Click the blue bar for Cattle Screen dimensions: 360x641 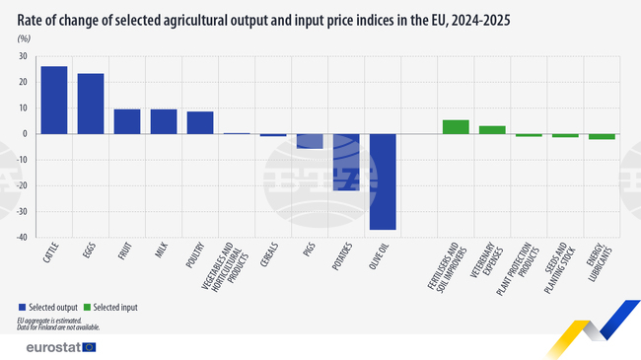(54, 100)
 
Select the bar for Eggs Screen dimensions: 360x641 (91, 104)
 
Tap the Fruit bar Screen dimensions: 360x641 (127, 121)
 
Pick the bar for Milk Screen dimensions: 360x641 (164, 121)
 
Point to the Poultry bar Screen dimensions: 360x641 (200, 122)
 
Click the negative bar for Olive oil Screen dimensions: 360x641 (383, 181)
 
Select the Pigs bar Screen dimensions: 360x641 (310, 141)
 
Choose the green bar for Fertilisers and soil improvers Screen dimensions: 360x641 (456, 126)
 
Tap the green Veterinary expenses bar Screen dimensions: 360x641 (492, 129)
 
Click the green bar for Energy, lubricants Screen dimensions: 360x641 (602, 136)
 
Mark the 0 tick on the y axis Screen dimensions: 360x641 (25, 133)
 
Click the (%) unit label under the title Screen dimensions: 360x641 (24, 36)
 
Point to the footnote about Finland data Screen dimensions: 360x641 (58, 326)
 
